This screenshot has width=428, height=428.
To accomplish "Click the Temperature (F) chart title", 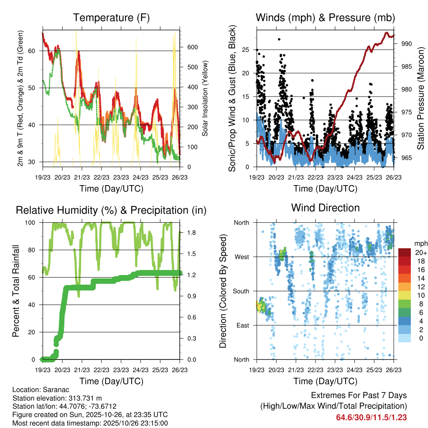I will (x=111, y=18).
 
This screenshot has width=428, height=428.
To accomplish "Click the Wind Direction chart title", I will (x=325, y=208).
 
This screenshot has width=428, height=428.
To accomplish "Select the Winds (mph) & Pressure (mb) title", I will (x=325, y=18).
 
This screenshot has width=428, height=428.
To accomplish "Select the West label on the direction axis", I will (x=242, y=257).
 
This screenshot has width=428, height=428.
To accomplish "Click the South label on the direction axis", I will (x=241, y=291).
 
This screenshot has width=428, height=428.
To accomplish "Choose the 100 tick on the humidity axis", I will (x=32, y=222).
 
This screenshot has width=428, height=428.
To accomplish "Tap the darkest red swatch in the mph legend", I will (x=404, y=252).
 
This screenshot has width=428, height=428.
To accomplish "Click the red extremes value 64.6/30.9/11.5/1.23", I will (x=372, y=417).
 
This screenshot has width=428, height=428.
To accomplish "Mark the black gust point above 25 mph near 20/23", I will (x=279, y=39).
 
